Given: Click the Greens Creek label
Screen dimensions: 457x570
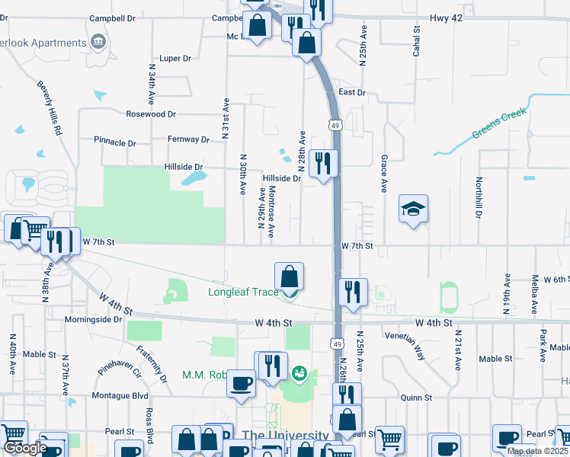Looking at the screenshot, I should point(499,126).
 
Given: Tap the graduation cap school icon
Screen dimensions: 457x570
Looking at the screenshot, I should point(413,209).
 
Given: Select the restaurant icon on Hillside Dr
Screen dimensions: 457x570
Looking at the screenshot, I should point(324,164).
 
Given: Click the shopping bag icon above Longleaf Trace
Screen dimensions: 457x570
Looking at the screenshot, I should point(290,276).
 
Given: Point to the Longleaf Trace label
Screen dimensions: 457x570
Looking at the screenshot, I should point(243,292).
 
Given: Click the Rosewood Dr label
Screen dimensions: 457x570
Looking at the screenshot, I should point(151,114).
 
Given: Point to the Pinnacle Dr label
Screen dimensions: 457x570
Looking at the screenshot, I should point(114,142).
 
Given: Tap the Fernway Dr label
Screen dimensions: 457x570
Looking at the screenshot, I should point(189,139).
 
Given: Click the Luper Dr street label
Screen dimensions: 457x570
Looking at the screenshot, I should point(175,58).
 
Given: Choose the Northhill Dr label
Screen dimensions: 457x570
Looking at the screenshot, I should point(479,198).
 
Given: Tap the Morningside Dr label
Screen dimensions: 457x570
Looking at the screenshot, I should point(93,320).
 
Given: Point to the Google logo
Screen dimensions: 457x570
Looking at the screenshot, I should point(27,448).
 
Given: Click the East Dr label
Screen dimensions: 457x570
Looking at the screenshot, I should point(352,92).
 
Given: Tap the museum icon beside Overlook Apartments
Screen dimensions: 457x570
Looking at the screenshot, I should point(98,40).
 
